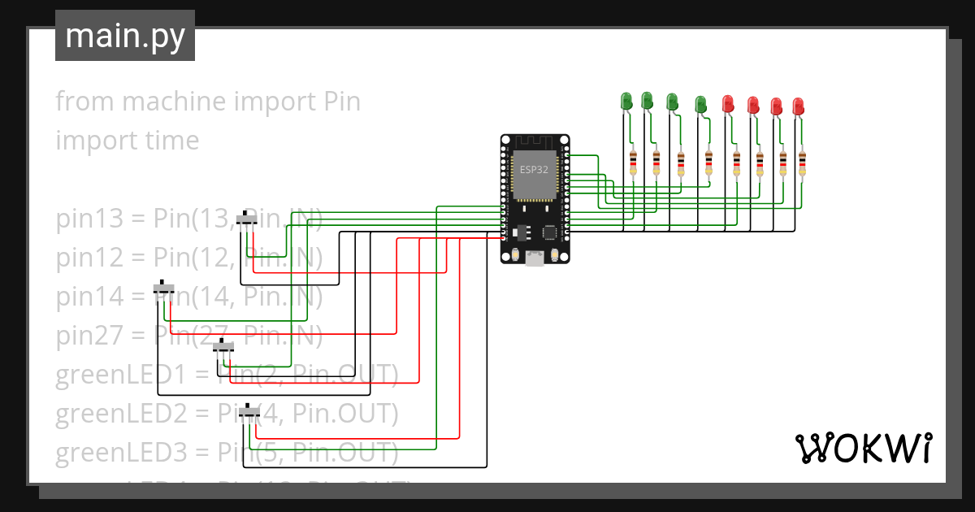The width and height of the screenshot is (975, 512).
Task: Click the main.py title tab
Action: point(124,37)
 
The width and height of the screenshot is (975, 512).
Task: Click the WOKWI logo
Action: point(862,448)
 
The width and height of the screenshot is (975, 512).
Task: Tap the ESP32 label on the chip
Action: point(534,169)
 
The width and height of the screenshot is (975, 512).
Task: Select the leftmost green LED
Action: point(626,101)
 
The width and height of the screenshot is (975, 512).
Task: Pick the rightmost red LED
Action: point(799,106)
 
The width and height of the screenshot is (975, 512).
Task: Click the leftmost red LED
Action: point(728,103)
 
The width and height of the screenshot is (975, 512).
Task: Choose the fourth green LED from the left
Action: point(700,104)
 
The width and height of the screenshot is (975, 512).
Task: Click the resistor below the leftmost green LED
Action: point(633,163)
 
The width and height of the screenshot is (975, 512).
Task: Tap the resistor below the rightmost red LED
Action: point(802,163)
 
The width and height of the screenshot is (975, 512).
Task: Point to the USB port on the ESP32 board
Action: point(535,259)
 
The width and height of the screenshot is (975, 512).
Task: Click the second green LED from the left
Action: point(648,100)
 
